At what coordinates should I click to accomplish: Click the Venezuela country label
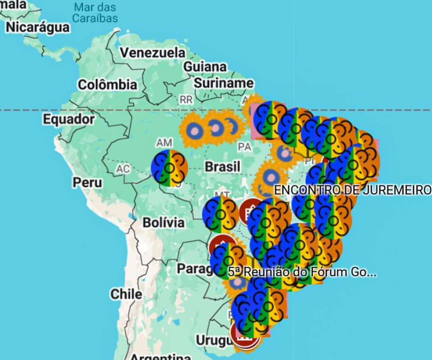point(153,53)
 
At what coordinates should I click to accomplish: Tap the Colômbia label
point(107,85)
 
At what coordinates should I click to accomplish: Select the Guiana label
point(205,67)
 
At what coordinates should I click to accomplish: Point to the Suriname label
point(224,83)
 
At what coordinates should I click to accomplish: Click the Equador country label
point(69,119)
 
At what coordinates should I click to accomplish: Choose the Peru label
point(87,182)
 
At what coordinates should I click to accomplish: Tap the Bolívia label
point(164,222)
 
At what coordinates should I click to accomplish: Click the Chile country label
point(126,294)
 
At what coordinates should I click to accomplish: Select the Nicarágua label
point(38,27)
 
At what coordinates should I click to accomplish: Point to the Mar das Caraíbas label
point(96,13)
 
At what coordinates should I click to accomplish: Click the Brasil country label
point(222,166)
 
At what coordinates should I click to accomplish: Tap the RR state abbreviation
point(186,100)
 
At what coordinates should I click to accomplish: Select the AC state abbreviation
point(123,169)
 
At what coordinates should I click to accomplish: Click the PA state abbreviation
point(244,147)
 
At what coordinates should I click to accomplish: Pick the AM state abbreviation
point(164,143)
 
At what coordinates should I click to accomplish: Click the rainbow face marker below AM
point(170,168)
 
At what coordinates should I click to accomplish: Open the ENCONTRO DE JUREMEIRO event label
point(352,190)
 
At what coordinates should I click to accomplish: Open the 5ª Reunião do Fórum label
point(302,272)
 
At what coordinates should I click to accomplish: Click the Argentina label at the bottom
point(160,356)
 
